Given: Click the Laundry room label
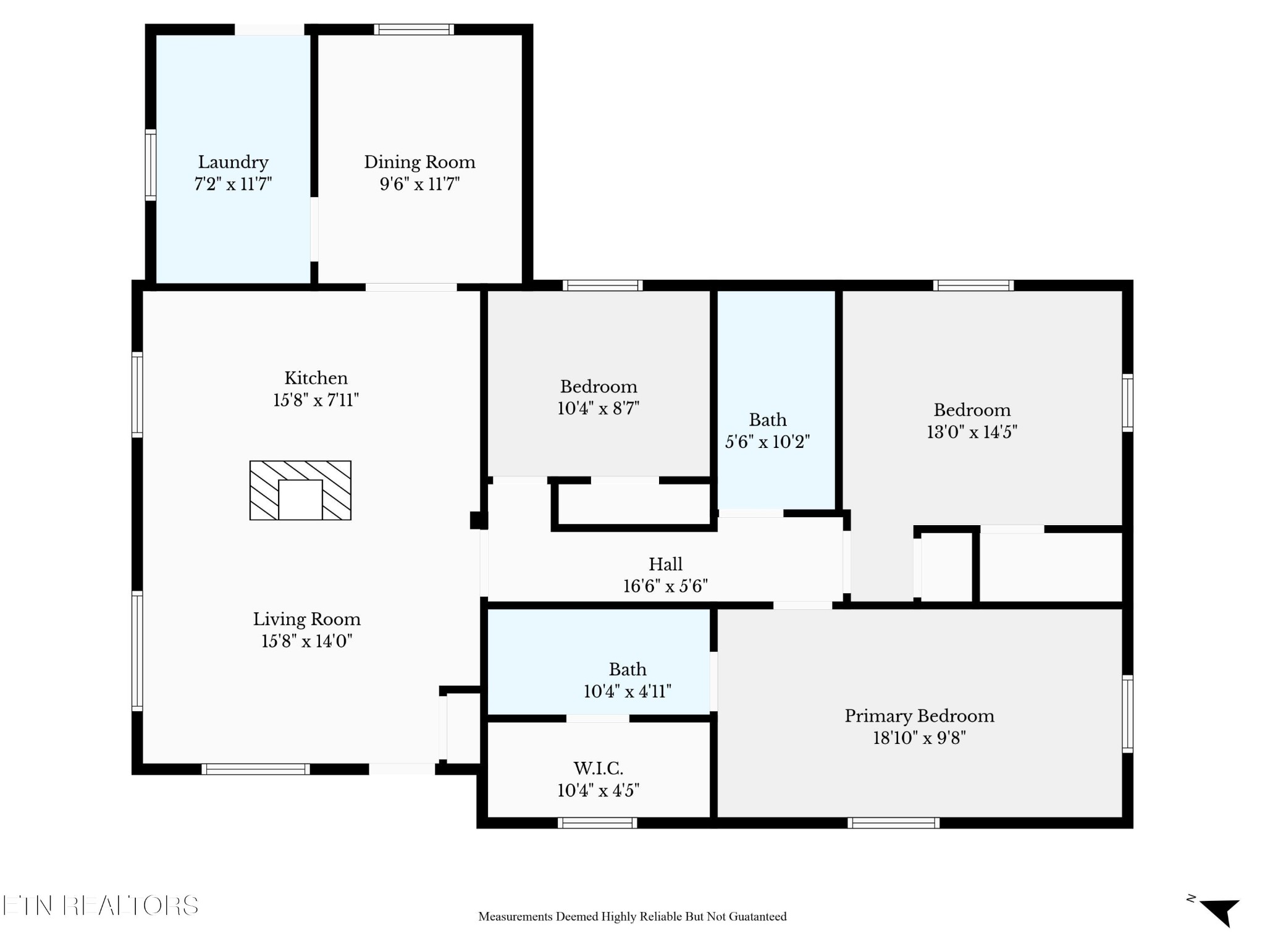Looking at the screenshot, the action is click(x=233, y=162).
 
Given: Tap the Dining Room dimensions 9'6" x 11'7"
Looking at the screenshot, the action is click(x=419, y=184).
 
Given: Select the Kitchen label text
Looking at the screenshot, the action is click(x=316, y=378).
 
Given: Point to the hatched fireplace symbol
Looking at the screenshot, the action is click(x=300, y=490).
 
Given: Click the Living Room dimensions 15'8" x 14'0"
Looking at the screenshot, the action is click(x=306, y=641).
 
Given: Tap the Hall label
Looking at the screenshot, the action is click(x=665, y=564).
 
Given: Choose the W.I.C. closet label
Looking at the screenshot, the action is click(x=598, y=769).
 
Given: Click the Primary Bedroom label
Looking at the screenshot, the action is click(x=919, y=716).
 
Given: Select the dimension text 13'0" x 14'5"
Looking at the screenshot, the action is click(x=972, y=432).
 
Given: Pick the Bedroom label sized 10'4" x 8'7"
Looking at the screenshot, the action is click(x=598, y=387).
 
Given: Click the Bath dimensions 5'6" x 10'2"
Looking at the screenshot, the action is click(x=767, y=442).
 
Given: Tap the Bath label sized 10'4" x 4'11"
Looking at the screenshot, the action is click(x=628, y=670).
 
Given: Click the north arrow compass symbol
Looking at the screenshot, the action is click(x=1219, y=911).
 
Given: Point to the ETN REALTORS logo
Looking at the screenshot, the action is click(x=100, y=906).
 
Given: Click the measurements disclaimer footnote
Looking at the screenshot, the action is click(x=632, y=917).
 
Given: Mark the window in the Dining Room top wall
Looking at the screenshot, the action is click(x=414, y=29).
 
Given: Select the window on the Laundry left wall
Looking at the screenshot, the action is click(x=150, y=165).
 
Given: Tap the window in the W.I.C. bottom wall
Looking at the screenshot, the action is click(x=597, y=823).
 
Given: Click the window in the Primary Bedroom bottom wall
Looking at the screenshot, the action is click(x=893, y=823).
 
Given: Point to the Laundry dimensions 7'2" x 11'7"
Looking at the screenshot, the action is click(x=233, y=184).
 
